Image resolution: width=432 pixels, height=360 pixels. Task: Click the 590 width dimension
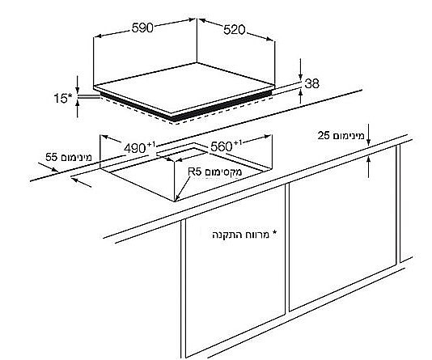tap(142, 28)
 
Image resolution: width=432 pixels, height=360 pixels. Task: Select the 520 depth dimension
tap(234, 30)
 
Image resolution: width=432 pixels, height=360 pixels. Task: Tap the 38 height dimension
tap(312, 83)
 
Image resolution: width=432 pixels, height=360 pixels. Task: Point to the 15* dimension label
tap(63, 98)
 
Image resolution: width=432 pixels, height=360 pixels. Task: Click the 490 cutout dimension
tap(135, 148)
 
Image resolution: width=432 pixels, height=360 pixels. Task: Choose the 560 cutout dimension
tap(221, 146)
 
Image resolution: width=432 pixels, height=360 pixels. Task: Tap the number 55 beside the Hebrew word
tap(51, 157)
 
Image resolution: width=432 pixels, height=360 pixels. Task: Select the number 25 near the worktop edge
tap(324, 136)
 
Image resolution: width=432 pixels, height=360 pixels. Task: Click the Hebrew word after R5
tap(223, 172)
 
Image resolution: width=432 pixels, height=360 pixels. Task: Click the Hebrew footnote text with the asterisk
tap(244, 235)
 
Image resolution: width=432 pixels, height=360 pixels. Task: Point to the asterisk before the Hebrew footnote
tap(274, 234)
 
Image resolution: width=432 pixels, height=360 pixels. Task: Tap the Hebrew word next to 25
tap(348, 136)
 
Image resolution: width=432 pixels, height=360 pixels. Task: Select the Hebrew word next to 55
tap(75, 157)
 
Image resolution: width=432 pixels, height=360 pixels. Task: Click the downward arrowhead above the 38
tap(301, 77)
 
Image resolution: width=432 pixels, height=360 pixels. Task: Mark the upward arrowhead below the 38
tap(301, 93)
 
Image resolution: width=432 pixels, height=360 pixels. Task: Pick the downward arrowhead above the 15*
tap(78, 90)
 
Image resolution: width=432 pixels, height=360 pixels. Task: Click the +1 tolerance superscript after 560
tap(238, 142)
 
